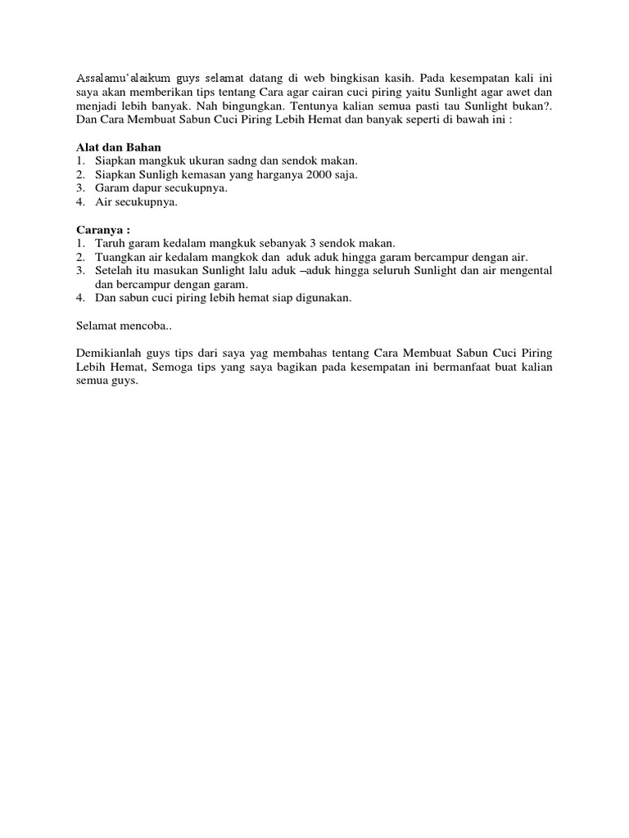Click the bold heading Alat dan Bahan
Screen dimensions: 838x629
115,147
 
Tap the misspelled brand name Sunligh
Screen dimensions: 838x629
156,175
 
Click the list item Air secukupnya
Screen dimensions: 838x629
136,201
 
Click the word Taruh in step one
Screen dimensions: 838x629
109,244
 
